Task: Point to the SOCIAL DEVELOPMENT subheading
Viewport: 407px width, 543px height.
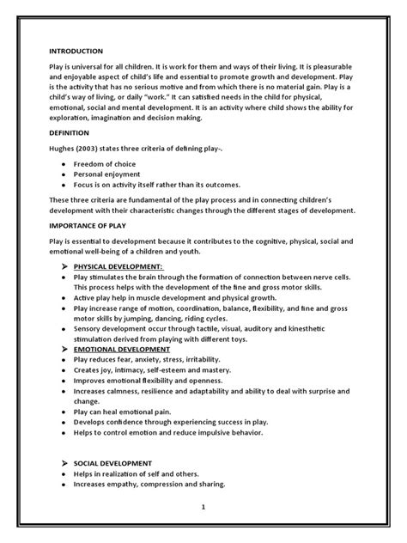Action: point(108,462)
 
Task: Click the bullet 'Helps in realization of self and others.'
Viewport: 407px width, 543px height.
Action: point(142,473)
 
